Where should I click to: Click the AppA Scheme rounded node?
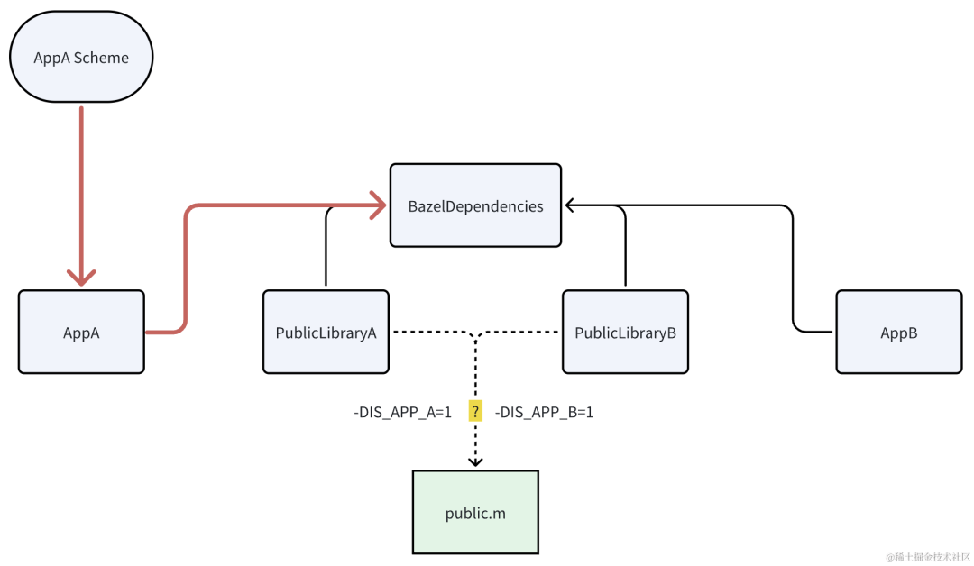point(81,57)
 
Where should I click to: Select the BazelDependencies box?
point(476,205)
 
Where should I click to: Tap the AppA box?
point(81,332)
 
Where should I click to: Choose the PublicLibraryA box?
point(326,332)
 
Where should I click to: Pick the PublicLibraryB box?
point(626,332)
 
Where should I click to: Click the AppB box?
point(899,332)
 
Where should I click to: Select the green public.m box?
point(476,512)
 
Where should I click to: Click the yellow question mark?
point(475,412)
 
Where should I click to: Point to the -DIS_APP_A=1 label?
point(402,412)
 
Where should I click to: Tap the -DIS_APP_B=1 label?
point(544,412)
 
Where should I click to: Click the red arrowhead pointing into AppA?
point(81,277)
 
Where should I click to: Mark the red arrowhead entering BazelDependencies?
point(378,205)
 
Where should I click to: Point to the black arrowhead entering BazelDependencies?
point(570,205)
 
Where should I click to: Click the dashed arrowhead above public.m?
point(475,461)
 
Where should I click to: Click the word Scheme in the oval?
point(101,58)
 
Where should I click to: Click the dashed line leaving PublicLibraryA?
point(434,332)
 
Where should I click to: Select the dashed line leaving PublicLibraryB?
point(518,332)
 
